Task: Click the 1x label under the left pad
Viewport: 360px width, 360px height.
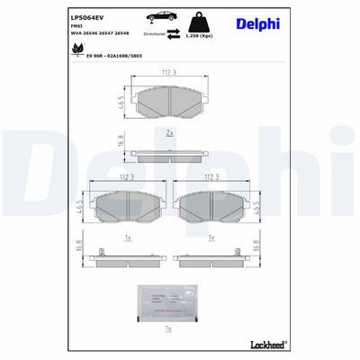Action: click(129, 238)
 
